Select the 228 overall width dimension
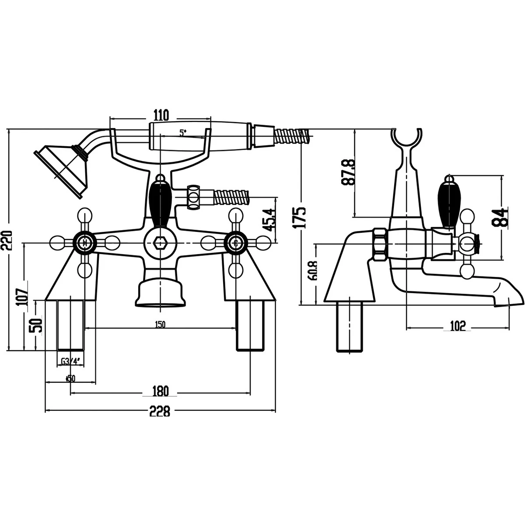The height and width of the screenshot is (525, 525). [160, 411]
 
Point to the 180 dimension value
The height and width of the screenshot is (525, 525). [160, 390]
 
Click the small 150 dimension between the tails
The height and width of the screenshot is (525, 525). [160, 325]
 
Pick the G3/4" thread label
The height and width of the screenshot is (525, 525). [70, 361]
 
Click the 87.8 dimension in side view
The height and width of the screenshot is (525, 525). [349, 172]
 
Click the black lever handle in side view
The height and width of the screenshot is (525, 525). [448, 204]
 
